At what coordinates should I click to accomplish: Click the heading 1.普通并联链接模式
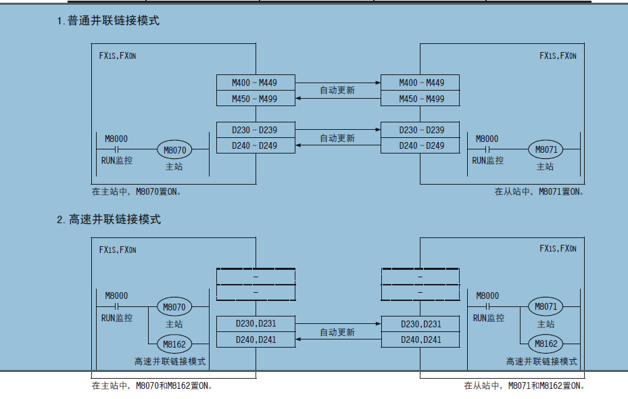[x=108, y=21]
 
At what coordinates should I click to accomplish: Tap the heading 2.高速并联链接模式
[x=109, y=220]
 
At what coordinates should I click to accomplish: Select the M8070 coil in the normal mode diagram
[x=174, y=149]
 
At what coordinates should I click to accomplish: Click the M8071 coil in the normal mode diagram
[x=546, y=149]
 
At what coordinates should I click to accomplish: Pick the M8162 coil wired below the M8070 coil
[x=174, y=344]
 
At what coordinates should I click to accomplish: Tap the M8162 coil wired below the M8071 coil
[x=546, y=344]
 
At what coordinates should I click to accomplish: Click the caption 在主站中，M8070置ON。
[x=137, y=191]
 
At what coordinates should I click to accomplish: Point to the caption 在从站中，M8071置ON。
[x=539, y=191]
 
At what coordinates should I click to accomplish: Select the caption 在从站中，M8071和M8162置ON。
[x=523, y=386]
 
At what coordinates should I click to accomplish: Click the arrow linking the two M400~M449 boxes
[x=338, y=83]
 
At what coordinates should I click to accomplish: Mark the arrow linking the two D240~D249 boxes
[x=338, y=145]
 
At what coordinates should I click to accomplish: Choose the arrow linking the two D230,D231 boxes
[x=338, y=324]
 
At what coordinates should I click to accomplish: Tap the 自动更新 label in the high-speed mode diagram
[x=337, y=333]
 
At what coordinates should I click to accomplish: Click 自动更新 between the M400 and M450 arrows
[x=337, y=90]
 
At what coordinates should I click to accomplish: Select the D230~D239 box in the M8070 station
[x=256, y=130]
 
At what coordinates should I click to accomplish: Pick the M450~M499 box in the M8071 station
[x=420, y=99]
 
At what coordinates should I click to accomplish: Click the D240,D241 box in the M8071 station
[x=420, y=339]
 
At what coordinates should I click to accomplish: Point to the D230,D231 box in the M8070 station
[x=256, y=323]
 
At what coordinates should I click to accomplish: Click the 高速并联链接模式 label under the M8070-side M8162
[x=170, y=362]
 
